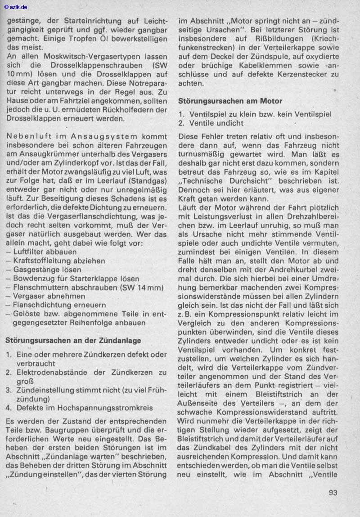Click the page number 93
click(333, 492)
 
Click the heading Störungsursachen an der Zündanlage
click(73, 340)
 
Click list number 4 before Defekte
click(9, 408)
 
